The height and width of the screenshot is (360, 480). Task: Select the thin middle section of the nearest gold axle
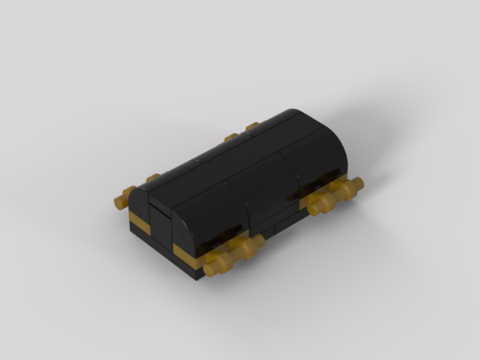click(234, 255)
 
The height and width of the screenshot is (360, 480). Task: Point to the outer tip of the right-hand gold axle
click(357, 185)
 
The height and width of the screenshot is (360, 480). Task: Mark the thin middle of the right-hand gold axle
click(337, 197)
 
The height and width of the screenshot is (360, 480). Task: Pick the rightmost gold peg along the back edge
click(252, 126)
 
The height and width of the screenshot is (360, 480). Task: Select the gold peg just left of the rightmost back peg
click(230, 137)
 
